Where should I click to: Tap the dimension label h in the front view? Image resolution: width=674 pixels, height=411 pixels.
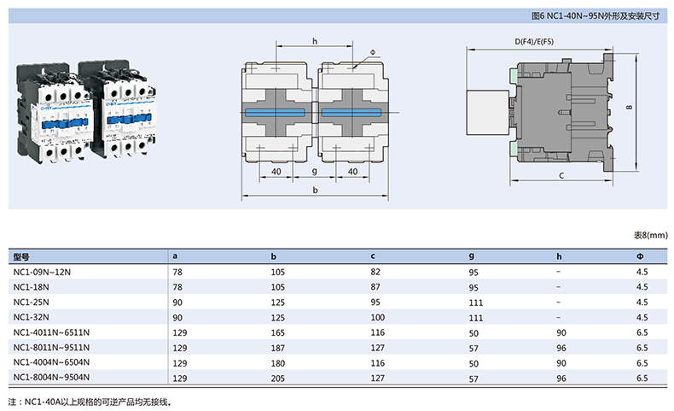[315, 42]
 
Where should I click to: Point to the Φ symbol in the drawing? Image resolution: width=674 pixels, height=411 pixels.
[373, 52]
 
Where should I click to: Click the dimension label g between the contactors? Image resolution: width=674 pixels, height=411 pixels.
[315, 172]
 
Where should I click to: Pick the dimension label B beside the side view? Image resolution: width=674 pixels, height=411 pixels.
[628, 108]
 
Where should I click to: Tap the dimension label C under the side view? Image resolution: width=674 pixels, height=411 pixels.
[561, 174]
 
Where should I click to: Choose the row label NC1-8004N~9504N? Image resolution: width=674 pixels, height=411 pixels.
[51, 377]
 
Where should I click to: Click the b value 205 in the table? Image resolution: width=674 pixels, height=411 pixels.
[277, 377]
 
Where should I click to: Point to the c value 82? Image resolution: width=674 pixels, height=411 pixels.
[375, 272]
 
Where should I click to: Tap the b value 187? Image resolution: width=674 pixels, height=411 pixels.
[277, 347]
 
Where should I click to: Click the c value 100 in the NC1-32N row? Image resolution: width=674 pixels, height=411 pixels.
[376, 317]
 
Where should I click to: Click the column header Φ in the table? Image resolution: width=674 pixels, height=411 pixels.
[640, 256]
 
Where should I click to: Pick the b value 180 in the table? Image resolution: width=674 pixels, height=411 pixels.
[277, 362]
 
